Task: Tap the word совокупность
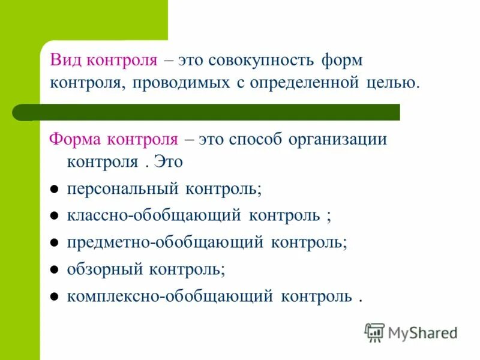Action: click(258, 61)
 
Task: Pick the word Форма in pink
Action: click(74, 140)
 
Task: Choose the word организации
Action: click(338, 140)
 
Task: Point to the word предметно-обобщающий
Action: click(165, 242)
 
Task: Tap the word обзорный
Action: click(100, 269)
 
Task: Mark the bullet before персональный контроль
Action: click(53, 190)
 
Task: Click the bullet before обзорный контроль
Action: click(53, 270)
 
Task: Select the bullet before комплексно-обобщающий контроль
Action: click(53, 297)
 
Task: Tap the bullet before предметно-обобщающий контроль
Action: click(53, 244)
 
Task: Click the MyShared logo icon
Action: click(375, 332)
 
